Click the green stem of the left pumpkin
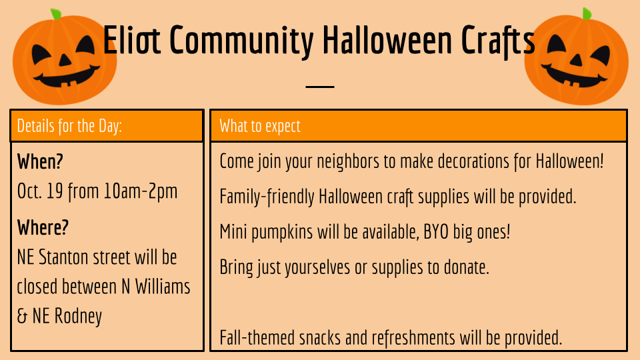pos(55,14)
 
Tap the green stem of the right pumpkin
pos(587,13)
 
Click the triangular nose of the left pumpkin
pos(65,60)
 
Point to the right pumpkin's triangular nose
pos(576,60)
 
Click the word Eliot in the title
pos(132,40)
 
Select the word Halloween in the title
pos(387,40)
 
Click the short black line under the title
pos(320,87)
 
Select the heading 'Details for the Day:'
pos(69,127)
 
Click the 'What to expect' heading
pos(260,127)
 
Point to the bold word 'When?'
pos(40,161)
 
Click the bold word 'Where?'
pos(43,227)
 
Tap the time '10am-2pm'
pos(141,191)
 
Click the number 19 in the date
pos(55,191)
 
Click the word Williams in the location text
pos(163,287)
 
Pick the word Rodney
pos(79,317)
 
